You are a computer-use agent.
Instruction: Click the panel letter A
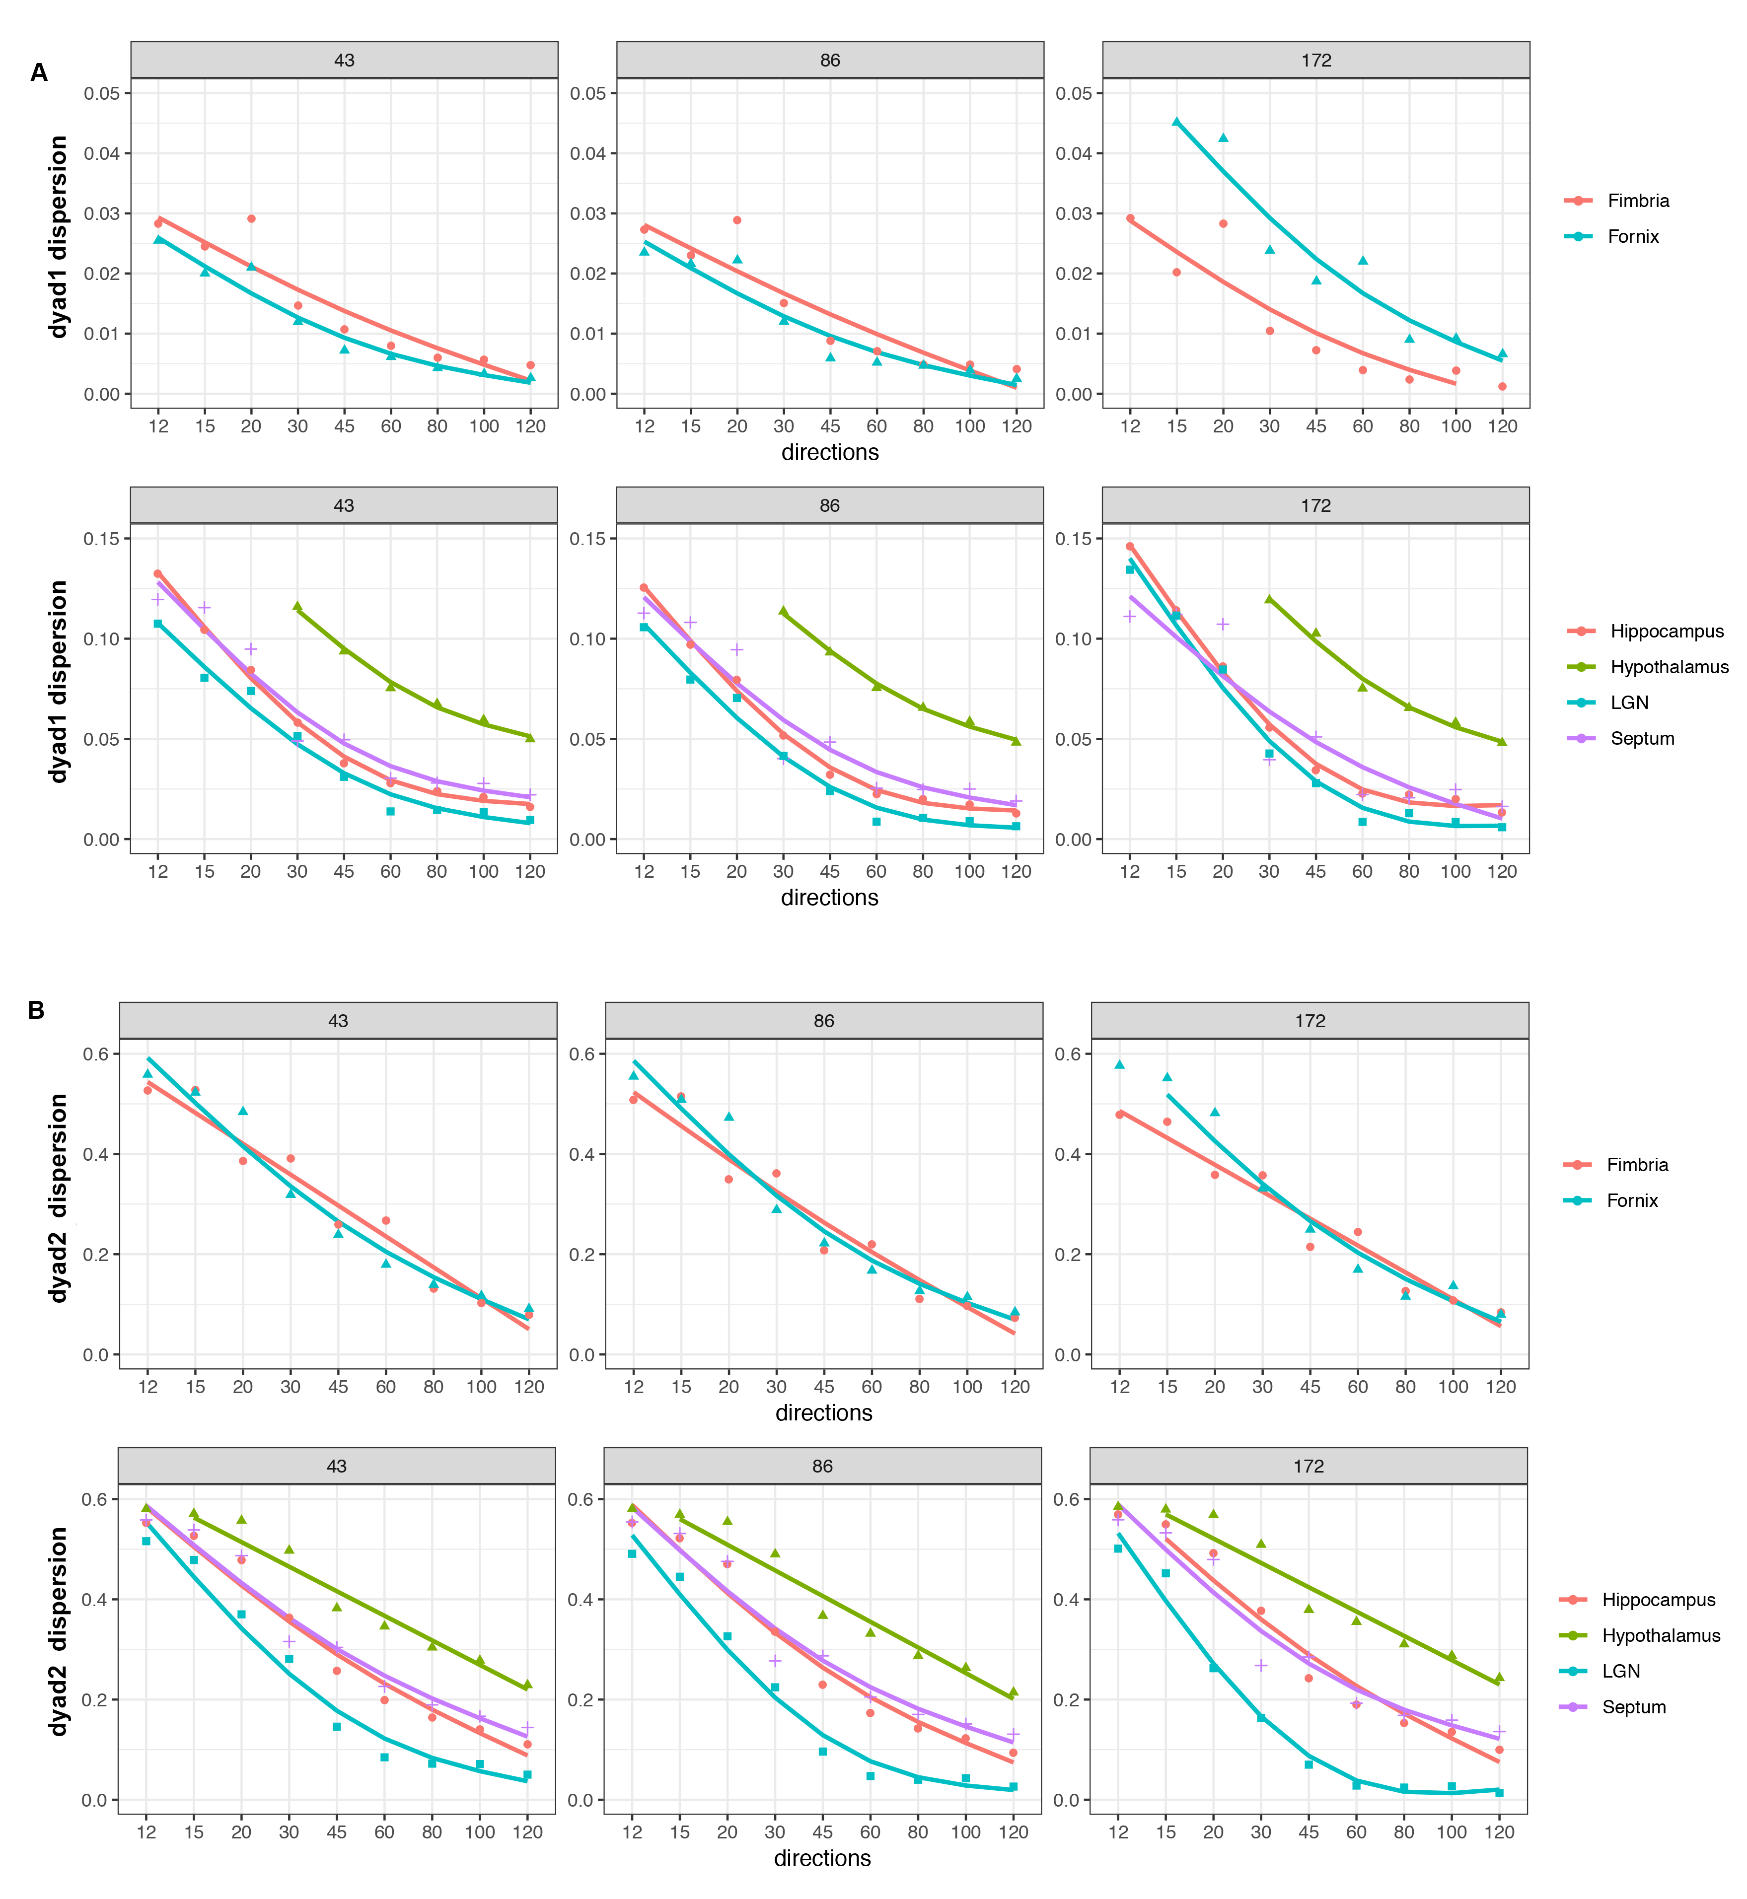pos(39,73)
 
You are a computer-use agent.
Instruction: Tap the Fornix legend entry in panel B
pos(1632,1200)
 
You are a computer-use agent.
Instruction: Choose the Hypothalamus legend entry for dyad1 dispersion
pos(1669,667)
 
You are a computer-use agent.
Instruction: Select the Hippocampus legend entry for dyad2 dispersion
pos(1658,1600)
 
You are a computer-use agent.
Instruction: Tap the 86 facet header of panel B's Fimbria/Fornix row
pos(823,1021)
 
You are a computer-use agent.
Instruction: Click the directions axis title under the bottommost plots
pos(821,1858)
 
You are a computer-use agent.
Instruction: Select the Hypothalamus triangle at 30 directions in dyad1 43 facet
pos(298,606)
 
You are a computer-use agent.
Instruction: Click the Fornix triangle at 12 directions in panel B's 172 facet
pos(1119,1064)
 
